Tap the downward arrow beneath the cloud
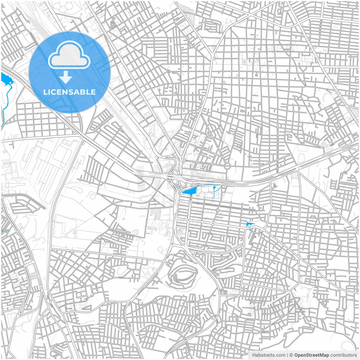pyautogui.click(x=66, y=77)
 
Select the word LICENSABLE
pyautogui.click(x=69, y=92)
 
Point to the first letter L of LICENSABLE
pyautogui.click(x=45, y=92)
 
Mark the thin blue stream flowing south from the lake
pyautogui.click(x=6, y=98)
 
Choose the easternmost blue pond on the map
pyautogui.click(x=249, y=224)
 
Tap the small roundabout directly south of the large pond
pyautogui.click(x=190, y=202)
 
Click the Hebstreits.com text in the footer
pyautogui.click(x=269, y=355)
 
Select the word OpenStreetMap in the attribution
pyautogui.click(x=312, y=355)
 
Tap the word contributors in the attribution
pyautogui.click(x=343, y=355)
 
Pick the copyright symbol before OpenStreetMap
pyautogui.click(x=291, y=355)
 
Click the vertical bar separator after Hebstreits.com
pyautogui.click(x=287, y=355)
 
